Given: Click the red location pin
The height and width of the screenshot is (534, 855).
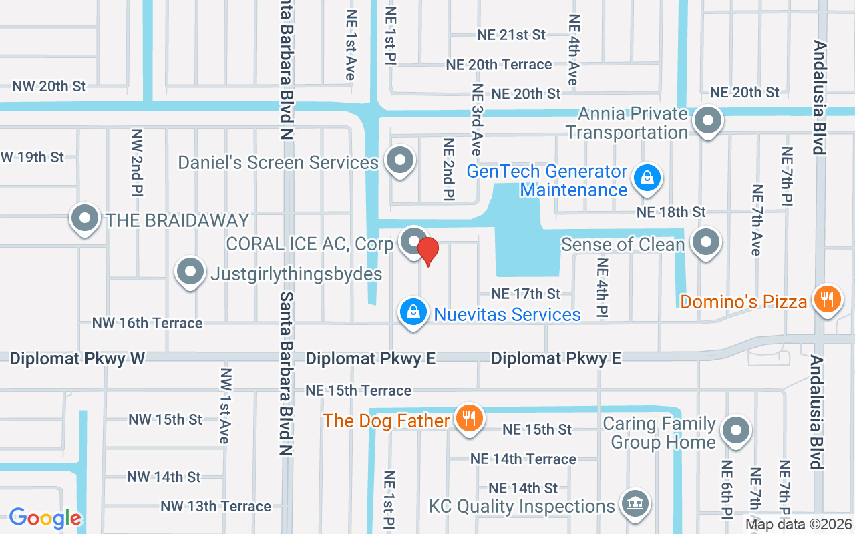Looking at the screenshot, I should pyautogui.click(x=427, y=251).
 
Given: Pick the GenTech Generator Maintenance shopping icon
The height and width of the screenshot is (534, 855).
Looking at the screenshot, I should pyautogui.click(x=647, y=178).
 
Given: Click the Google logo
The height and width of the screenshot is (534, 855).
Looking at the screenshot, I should pyautogui.click(x=45, y=518).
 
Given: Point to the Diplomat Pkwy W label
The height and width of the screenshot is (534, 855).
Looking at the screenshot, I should pyautogui.click(x=77, y=359).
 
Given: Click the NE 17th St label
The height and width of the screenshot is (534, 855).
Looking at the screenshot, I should pyautogui.click(x=526, y=294).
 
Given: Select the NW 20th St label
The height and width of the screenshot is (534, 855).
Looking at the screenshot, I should pyautogui.click(x=49, y=86).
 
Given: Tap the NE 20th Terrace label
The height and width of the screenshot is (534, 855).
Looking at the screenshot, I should pyautogui.click(x=499, y=65).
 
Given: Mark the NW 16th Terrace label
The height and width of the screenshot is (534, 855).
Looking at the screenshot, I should pyautogui.click(x=147, y=323).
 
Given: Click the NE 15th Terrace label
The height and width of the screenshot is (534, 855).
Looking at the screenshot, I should pyautogui.click(x=358, y=390).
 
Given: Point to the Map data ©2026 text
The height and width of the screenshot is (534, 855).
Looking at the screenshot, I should pyautogui.click(x=798, y=525).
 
